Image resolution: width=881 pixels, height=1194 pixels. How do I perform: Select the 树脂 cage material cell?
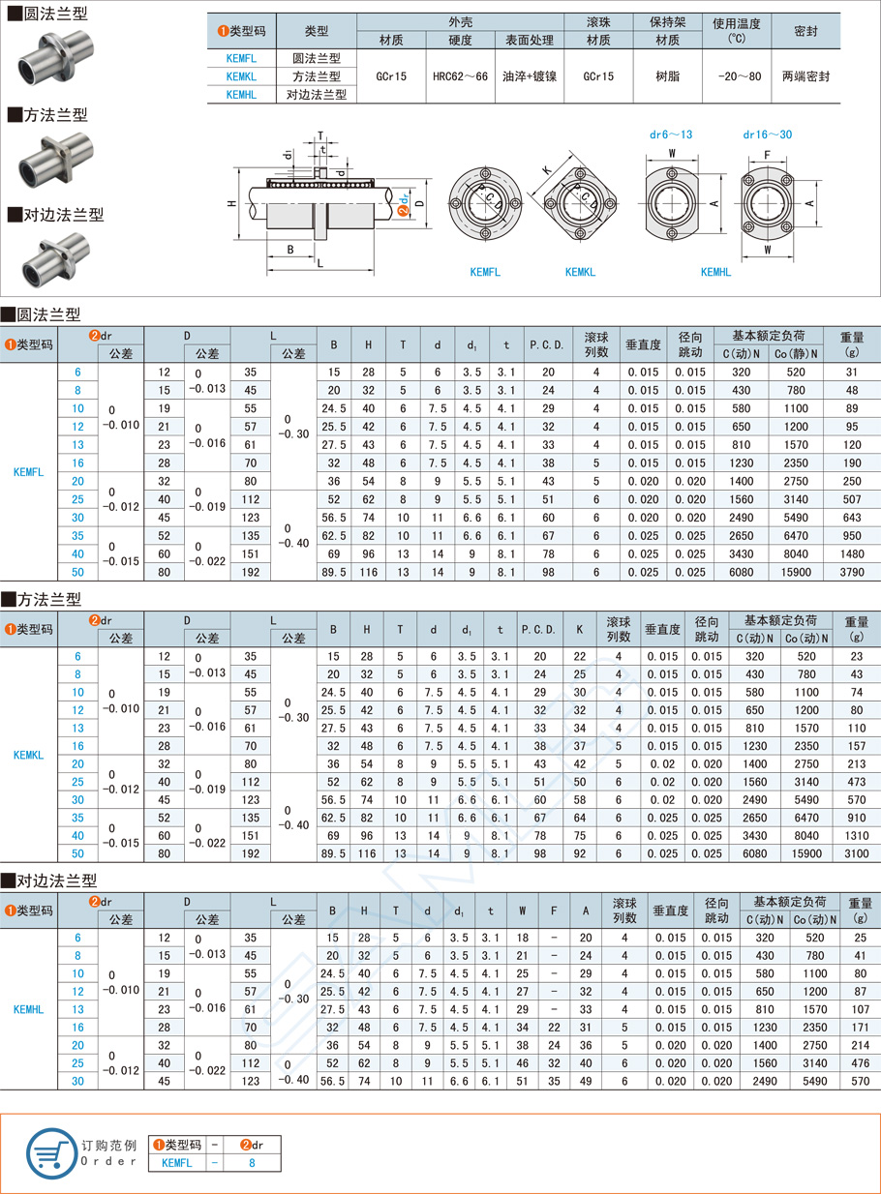[667, 75]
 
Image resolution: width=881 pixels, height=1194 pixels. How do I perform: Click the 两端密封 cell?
[805, 75]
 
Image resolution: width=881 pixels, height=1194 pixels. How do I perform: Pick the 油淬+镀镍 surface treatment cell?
[530, 75]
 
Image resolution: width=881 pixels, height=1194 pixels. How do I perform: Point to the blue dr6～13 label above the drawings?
[670, 134]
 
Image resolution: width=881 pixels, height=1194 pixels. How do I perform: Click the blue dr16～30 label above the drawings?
[767, 134]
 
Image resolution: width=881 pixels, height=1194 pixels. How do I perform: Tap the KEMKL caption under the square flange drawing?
[580, 273]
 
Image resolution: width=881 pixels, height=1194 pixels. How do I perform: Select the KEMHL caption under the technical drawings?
[715, 273]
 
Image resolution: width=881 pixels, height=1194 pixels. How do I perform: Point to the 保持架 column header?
[667, 22]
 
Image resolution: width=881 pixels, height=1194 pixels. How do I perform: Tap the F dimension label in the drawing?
[768, 155]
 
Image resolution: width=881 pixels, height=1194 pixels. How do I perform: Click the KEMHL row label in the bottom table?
[29, 1008]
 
